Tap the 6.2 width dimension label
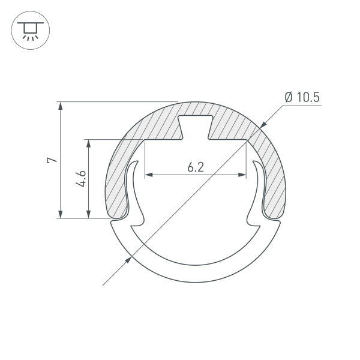coord(196,167)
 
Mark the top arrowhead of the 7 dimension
coord(60,106)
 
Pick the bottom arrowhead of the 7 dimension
coord(60,214)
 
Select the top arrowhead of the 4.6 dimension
coord(89,144)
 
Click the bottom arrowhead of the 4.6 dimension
coord(89,214)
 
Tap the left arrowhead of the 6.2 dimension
coord(149,175)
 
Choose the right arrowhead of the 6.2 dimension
coord(242,175)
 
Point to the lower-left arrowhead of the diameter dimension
coord(128,260)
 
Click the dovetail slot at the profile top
coord(196,127)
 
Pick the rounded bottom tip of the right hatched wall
coord(274,214)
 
